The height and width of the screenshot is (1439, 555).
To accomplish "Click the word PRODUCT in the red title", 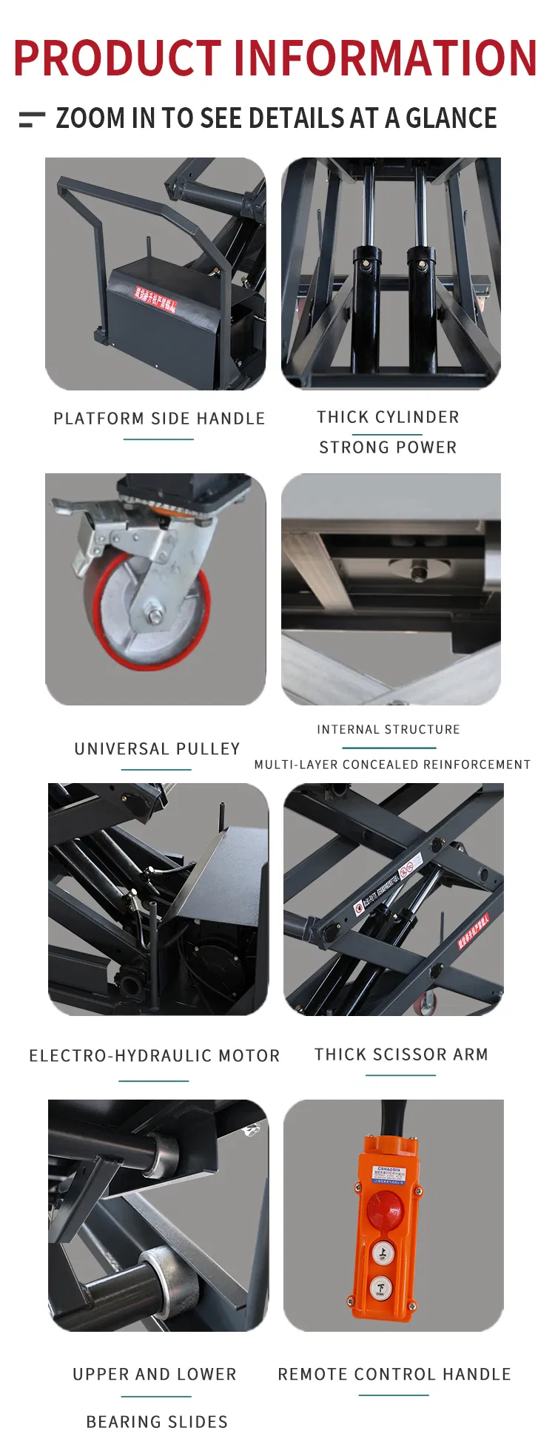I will coord(117,58).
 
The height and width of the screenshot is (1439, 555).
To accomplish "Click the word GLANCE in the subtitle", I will coord(451,118).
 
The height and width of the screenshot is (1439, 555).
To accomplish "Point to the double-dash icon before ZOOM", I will coord(32,119).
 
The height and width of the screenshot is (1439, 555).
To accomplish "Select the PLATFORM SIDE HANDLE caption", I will coord(159,419).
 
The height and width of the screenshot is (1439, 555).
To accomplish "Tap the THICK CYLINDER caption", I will coord(388,417).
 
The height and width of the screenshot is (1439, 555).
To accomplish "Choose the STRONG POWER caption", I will coord(388,447).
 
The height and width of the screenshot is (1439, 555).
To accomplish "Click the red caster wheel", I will coord(148,614).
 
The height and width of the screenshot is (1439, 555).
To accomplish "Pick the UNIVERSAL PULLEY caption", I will coord(157,749).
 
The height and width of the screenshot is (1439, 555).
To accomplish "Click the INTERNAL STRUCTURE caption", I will coord(388,730).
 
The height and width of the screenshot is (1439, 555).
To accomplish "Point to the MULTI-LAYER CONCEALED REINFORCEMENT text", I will coord(392,765).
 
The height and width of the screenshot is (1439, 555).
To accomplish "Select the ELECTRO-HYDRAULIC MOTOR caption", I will coord(155,1056).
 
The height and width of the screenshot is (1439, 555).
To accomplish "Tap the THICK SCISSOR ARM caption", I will coord(401,1054).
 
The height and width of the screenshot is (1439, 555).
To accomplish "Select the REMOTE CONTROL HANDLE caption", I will coord(394,1374).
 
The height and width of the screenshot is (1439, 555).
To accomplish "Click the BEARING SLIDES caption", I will coord(157,1422).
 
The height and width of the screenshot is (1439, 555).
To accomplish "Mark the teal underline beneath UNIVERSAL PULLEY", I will coord(156,770).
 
